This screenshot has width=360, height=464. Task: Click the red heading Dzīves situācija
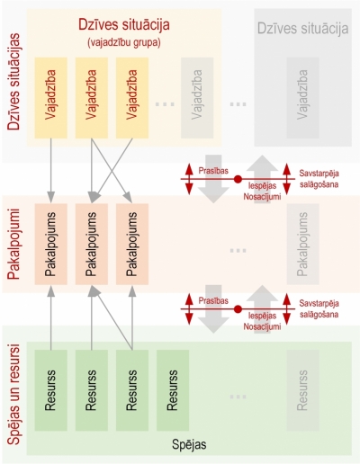[124, 25]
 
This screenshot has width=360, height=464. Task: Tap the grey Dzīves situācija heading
[303, 29]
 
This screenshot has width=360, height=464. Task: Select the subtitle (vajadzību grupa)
[124, 43]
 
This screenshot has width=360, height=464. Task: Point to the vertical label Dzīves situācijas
[13, 82]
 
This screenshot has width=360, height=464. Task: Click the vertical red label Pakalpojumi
[13, 245]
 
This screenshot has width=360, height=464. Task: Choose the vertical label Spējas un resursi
[13, 395]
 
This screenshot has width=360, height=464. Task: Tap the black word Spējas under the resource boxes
[189, 444]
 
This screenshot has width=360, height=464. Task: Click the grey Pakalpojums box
[302, 244]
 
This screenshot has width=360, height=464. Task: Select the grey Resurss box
[302, 390]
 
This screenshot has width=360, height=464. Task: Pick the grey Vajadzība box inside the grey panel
[302, 98]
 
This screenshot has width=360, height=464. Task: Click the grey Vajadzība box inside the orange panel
[197, 98]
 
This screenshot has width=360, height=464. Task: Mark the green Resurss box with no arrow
[173, 390]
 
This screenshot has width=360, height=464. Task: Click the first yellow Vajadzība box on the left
[51, 98]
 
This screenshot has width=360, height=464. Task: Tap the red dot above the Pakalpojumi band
[238, 179]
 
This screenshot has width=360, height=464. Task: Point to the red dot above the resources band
[238, 309]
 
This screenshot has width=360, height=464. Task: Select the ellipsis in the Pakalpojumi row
[238, 250]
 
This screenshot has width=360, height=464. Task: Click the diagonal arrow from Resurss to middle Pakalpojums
[112, 317]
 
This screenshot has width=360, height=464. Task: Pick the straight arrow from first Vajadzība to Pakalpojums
[51, 171]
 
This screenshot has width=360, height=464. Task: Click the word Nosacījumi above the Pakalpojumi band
[262, 197]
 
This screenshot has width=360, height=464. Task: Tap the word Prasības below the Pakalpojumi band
[213, 300]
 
